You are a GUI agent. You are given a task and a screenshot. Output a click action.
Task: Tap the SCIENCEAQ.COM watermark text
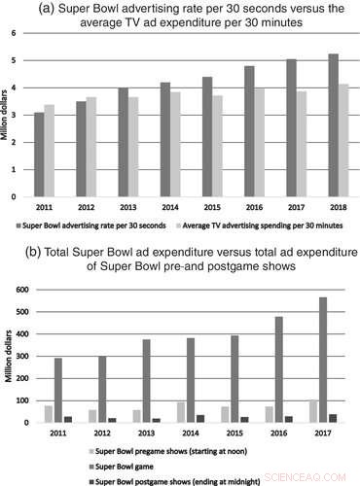point(317,476)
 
